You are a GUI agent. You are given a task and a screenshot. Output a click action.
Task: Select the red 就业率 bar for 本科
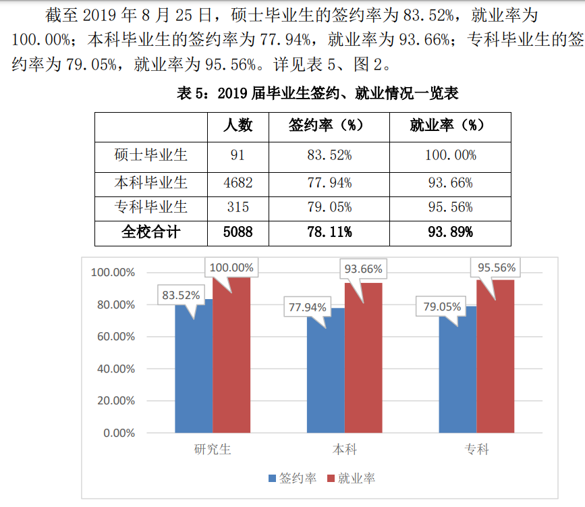[363, 358]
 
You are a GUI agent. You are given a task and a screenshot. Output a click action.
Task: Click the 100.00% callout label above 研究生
[231, 267]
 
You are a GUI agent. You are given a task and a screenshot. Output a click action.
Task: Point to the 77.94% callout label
[308, 307]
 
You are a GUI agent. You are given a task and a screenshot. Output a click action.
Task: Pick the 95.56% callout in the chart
[497, 267]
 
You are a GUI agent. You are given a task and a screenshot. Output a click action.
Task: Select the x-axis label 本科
[344, 449]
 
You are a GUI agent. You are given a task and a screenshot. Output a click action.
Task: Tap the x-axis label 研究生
[213, 449]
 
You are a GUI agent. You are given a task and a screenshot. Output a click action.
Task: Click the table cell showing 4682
[238, 182]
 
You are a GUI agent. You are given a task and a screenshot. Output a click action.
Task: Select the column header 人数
[238, 126]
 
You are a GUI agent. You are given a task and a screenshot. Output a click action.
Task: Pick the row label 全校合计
[150, 232]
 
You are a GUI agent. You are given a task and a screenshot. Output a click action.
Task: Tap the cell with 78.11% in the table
[329, 232]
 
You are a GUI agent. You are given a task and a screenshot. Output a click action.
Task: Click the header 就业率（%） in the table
[450, 126]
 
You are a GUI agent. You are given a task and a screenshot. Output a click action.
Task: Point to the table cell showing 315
[238, 207]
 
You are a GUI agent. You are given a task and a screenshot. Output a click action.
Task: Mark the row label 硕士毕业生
[150, 155]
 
